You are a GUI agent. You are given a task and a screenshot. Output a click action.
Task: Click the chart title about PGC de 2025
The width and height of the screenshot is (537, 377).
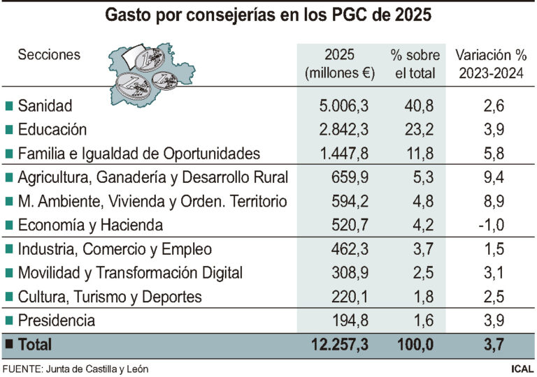[x=268, y=15]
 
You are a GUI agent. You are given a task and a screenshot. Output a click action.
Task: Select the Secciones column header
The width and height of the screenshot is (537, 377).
[x=49, y=54]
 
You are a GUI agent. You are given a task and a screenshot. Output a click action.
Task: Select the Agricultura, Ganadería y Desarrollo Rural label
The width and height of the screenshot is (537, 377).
[x=152, y=177]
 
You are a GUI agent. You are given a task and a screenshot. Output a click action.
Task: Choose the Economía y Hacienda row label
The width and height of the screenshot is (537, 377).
[x=90, y=226]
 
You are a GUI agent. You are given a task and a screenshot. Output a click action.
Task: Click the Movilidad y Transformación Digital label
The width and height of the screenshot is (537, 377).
[x=130, y=273]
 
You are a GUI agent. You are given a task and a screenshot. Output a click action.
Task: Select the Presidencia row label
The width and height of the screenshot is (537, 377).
[x=57, y=321]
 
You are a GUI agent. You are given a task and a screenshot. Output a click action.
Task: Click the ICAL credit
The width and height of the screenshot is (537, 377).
[x=521, y=369]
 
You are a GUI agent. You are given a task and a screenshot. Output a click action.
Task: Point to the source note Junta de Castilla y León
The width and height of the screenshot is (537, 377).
[x=76, y=369]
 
